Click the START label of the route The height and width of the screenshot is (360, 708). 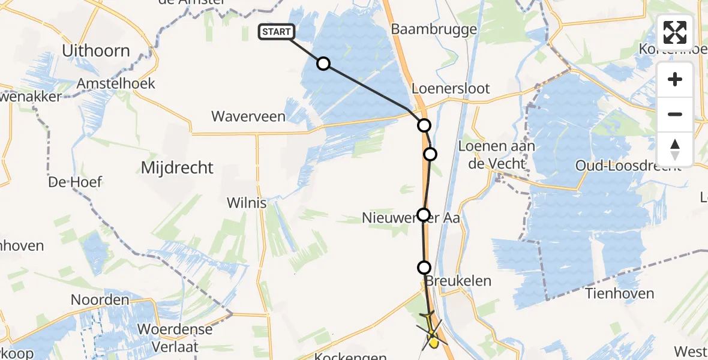click(x=276, y=32)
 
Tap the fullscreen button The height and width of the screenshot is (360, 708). click(x=675, y=32)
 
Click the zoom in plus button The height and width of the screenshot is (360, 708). click(x=675, y=79)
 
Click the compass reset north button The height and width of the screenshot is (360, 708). click(x=675, y=149)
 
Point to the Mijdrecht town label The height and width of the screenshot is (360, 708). click(x=176, y=167)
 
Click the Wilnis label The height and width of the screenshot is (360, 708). click(x=247, y=203)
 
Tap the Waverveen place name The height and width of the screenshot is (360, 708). click(x=248, y=116)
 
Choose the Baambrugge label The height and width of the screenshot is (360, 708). click(x=434, y=29)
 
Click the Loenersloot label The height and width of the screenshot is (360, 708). click(x=451, y=89)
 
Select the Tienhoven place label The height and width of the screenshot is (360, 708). click(x=620, y=293)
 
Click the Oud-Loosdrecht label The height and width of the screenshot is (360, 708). click(x=628, y=166)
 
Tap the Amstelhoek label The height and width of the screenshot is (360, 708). click(x=116, y=83)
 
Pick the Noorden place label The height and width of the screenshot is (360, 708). click(x=100, y=299)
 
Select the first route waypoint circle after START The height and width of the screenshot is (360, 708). click(x=323, y=64)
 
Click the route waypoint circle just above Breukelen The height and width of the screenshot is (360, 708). click(x=424, y=268)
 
